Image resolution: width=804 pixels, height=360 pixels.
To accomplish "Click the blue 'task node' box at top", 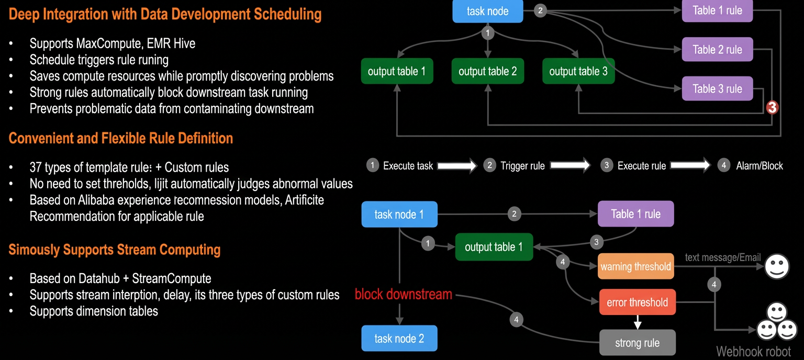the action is [487, 11].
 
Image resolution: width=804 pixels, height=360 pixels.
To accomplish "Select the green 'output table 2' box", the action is [487, 71].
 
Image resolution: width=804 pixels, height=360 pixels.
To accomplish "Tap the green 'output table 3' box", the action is [578, 71].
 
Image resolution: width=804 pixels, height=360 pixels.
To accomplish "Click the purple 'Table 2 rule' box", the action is [717, 49].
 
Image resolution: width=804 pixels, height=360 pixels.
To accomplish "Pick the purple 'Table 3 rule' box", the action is [717, 88].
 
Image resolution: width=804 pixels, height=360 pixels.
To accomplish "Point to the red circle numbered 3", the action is [772, 107].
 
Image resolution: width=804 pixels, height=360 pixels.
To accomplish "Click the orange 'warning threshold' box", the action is [635, 266].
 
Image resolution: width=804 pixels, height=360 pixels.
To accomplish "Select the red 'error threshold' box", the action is [637, 302].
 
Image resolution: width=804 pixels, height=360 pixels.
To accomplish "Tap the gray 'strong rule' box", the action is [637, 342].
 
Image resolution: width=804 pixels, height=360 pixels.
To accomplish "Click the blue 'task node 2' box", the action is [399, 338].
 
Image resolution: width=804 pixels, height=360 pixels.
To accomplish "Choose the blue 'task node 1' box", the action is [399, 215].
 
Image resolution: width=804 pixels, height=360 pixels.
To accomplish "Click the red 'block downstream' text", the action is [404, 294].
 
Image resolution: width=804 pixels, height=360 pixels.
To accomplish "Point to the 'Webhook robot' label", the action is [753, 352].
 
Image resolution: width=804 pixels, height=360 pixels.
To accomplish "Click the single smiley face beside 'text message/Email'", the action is [777, 266].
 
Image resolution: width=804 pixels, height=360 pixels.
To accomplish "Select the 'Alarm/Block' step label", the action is [760, 166].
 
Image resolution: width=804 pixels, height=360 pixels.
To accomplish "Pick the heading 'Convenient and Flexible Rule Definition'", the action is [120, 138].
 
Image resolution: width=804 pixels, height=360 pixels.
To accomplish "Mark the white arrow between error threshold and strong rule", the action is [638, 322].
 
